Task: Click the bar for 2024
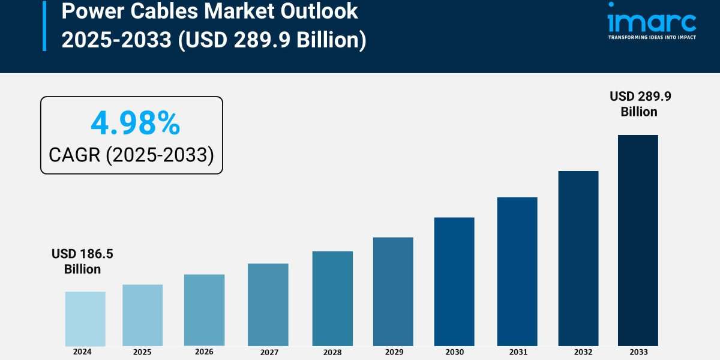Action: click(x=85, y=319)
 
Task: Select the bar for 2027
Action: click(x=268, y=305)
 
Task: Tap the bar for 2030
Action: click(x=454, y=281)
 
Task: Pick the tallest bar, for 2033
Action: click(x=638, y=240)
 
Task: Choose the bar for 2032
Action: click(x=578, y=258)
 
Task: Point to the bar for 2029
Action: click(x=393, y=292)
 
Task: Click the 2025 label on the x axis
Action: click(x=142, y=352)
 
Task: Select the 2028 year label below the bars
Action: click(x=332, y=352)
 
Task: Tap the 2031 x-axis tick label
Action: click(x=517, y=352)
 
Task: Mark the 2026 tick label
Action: click(x=204, y=352)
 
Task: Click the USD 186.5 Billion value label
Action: click(x=82, y=262)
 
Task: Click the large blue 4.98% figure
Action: click(x=135, y=124)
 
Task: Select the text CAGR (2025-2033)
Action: click(x=131, y=155)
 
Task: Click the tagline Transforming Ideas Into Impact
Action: click(x=652, y=37)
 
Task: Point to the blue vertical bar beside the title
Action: click(x=44, y=26)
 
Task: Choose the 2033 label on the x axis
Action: click(x=638, y=352)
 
